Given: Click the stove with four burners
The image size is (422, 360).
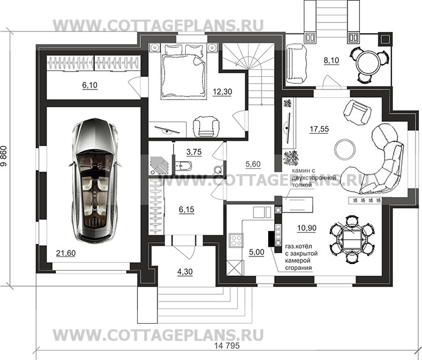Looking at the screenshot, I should tap(235, 241).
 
